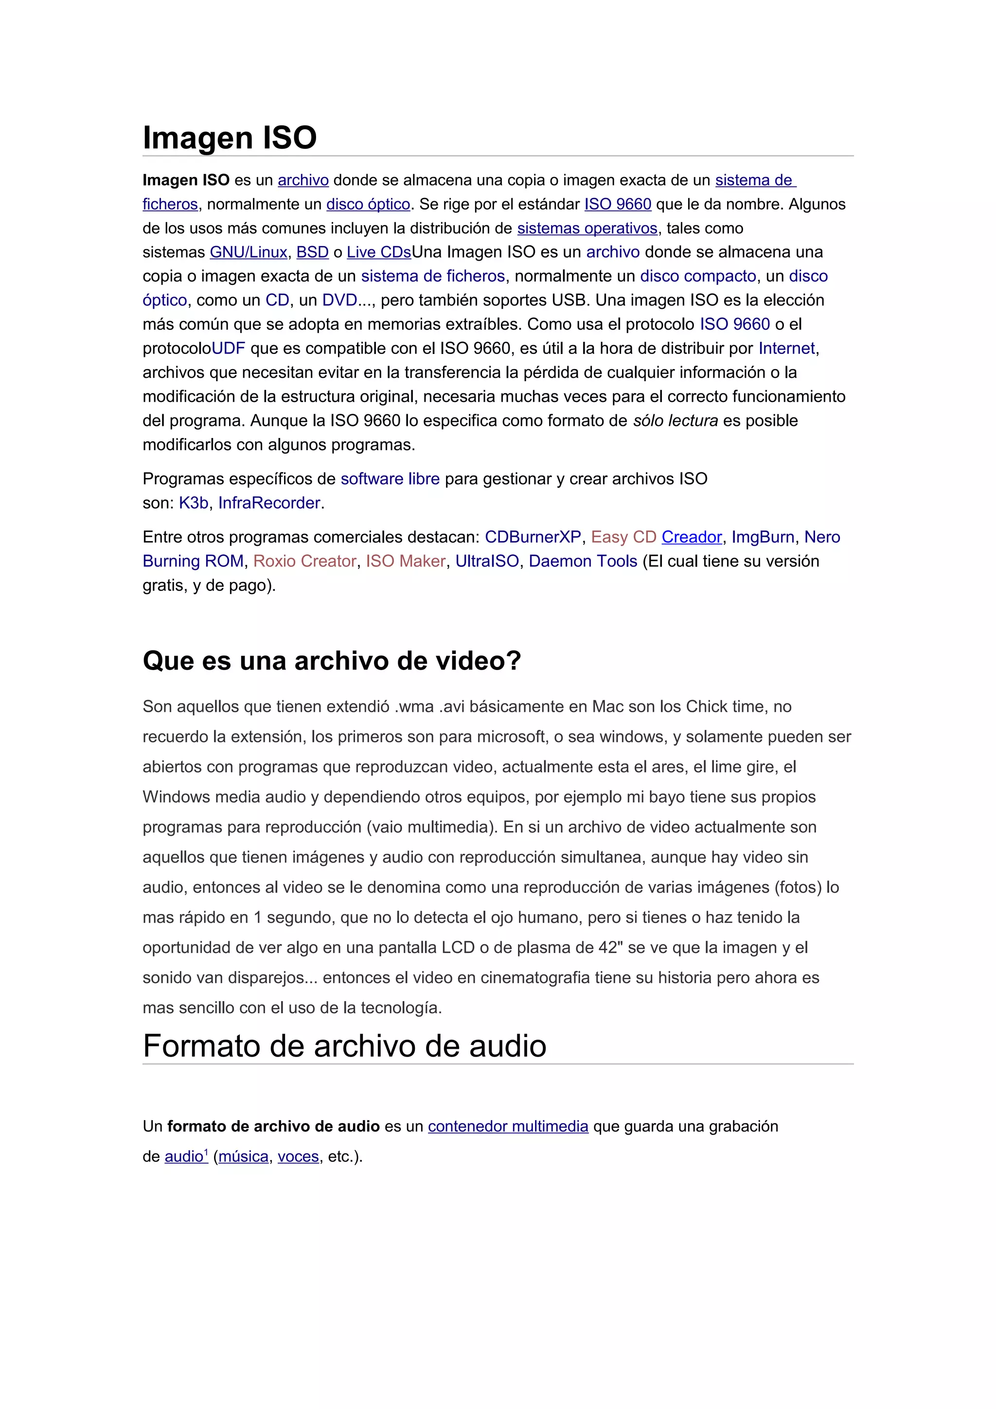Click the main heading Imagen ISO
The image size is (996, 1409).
(230, 138)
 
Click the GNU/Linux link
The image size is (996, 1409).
(249, 252)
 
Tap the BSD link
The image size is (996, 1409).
(312, 252)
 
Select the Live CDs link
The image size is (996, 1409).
(379, 252)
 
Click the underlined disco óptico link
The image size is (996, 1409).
(368, 204)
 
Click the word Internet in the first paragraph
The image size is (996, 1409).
(787, 349)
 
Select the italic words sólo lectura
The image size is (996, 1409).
(675, 421)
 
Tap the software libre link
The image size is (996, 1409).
(391, 479)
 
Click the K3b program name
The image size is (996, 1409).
(193, 503)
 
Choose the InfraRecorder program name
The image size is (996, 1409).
(269, 503)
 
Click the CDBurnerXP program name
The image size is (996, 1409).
(533, 538)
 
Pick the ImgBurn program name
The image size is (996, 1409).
(763, 538)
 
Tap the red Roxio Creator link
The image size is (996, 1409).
(305, 562)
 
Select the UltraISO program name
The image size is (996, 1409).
(487, 562)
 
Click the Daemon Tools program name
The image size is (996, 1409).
(583, 562)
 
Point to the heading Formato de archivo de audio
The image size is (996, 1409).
(344, 1046)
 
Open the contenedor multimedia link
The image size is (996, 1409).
(508, 1127)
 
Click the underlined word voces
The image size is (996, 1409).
(298, 1157)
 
